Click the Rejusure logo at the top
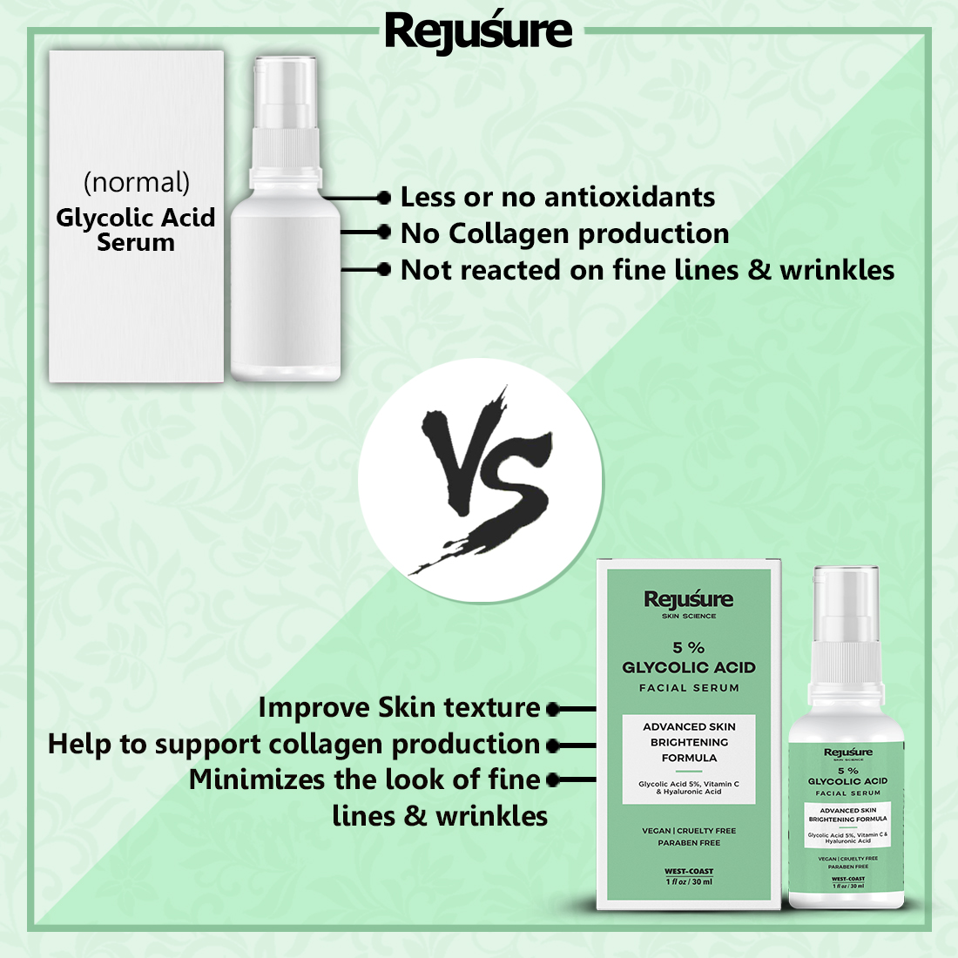(x=478, y=31)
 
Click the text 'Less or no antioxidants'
(x=557, y=198)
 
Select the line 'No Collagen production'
(x=564, y=233)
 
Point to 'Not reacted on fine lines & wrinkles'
(x=647, y=270)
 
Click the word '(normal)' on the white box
(x=137, y=182)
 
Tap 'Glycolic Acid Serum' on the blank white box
(x=136, y=230)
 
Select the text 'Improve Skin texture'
(x=399, y=707)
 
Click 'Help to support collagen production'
(x=294, y=744)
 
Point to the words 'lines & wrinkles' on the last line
(x=440, y=816)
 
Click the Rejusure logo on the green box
(x=689, y=599)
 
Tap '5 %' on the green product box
(x=689, y=647)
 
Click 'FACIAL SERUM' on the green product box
(x=689, y=688)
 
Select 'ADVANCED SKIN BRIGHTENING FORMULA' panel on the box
(x=689, y=742)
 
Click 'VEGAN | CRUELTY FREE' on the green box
(x=689, y=831)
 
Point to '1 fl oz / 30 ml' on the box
(x=689, y=882)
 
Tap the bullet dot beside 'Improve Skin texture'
(x=553, y=710)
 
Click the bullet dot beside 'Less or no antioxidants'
(x=384, y=198)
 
